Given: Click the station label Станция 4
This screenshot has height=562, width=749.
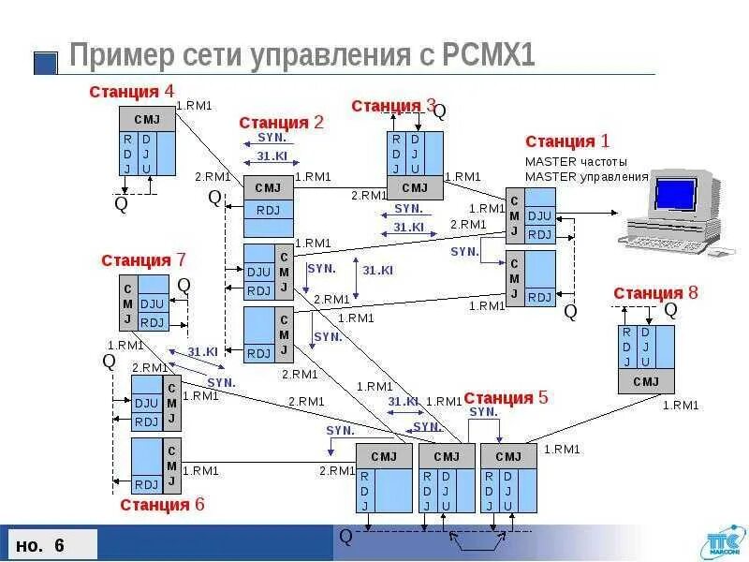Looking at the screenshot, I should point(131,92).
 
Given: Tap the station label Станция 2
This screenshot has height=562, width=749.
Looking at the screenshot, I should point(281,123).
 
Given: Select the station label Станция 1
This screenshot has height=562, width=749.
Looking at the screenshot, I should point(567,141).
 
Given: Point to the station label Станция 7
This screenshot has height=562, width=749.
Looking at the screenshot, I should point(144,260).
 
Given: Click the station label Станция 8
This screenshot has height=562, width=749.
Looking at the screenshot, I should point(655,293).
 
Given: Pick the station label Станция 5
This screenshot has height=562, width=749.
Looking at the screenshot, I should point(506,398).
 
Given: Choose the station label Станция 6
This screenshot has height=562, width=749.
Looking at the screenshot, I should point(162,505).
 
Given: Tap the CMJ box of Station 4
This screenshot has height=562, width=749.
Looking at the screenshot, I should point(147,119).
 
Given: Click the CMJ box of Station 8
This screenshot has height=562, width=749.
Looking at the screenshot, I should point(646,381).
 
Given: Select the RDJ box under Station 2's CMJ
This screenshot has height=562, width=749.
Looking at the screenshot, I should point(268,209).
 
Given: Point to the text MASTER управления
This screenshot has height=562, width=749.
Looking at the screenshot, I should point(586,176).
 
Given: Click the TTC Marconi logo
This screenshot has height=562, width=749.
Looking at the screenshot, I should point(721,544).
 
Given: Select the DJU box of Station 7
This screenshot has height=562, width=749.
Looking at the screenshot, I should point(152,304).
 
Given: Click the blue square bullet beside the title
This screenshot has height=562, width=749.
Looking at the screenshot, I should point(46,63).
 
